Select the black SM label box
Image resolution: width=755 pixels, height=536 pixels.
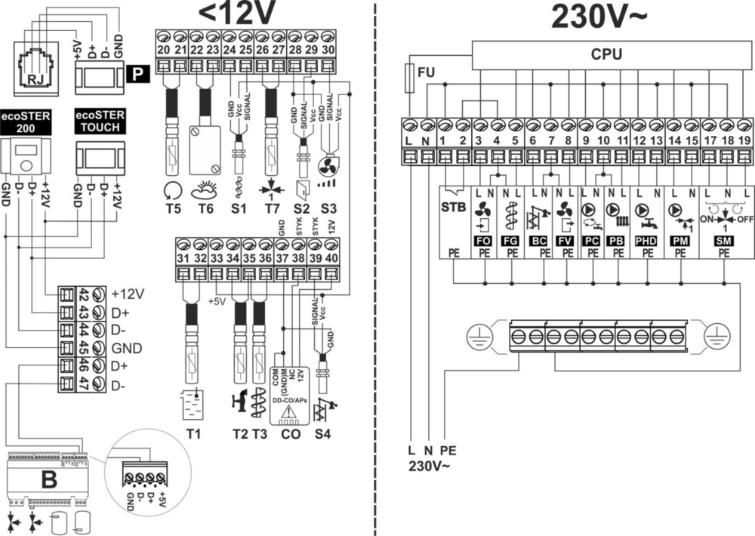tap(723, 239)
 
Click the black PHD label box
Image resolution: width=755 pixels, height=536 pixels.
tap(647, 239)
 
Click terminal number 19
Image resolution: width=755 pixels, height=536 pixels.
tap(744, 140)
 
